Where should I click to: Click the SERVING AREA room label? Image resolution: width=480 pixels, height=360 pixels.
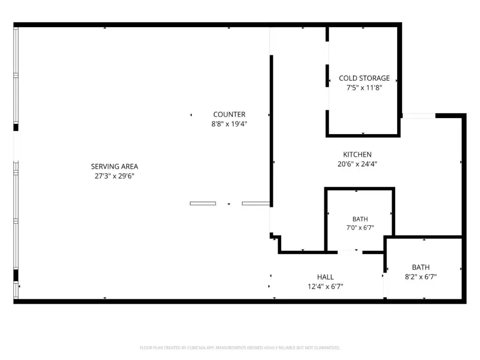point(114,166)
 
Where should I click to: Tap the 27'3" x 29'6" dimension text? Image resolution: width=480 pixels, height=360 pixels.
point(114,176)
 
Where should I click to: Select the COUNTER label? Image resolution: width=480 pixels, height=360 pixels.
point(229,114)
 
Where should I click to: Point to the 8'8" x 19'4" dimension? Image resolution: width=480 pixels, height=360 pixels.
point(229,124)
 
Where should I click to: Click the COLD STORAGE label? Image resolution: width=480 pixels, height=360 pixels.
point(364,78)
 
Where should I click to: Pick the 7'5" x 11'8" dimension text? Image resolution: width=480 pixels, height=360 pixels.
point(364,88)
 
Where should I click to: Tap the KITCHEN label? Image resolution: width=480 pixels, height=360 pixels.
point(357,155)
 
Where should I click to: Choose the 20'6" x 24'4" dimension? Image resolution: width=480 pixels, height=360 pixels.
point(357,164)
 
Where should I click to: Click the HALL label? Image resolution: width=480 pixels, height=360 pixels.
point(325,277)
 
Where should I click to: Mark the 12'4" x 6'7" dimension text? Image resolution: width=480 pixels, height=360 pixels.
point(325,286)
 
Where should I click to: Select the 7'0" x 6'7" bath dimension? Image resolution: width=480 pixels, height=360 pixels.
point(360,228)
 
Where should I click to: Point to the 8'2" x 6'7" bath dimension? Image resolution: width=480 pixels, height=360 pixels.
point(421,277)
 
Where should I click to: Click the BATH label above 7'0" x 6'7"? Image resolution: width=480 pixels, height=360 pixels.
point(360,219)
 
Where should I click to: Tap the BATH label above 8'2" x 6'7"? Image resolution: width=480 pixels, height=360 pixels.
point(421,267)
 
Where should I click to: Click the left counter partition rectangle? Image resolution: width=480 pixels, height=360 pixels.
point(202,203)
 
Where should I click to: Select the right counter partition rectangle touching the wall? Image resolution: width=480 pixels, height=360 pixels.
point(256,203)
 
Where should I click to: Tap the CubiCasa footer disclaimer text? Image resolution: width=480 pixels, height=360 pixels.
point(240,348)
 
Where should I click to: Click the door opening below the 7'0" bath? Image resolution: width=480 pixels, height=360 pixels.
point(350,252)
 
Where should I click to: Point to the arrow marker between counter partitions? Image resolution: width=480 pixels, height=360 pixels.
point(229,204)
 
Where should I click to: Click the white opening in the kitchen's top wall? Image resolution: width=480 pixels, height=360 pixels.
point(419,116)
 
